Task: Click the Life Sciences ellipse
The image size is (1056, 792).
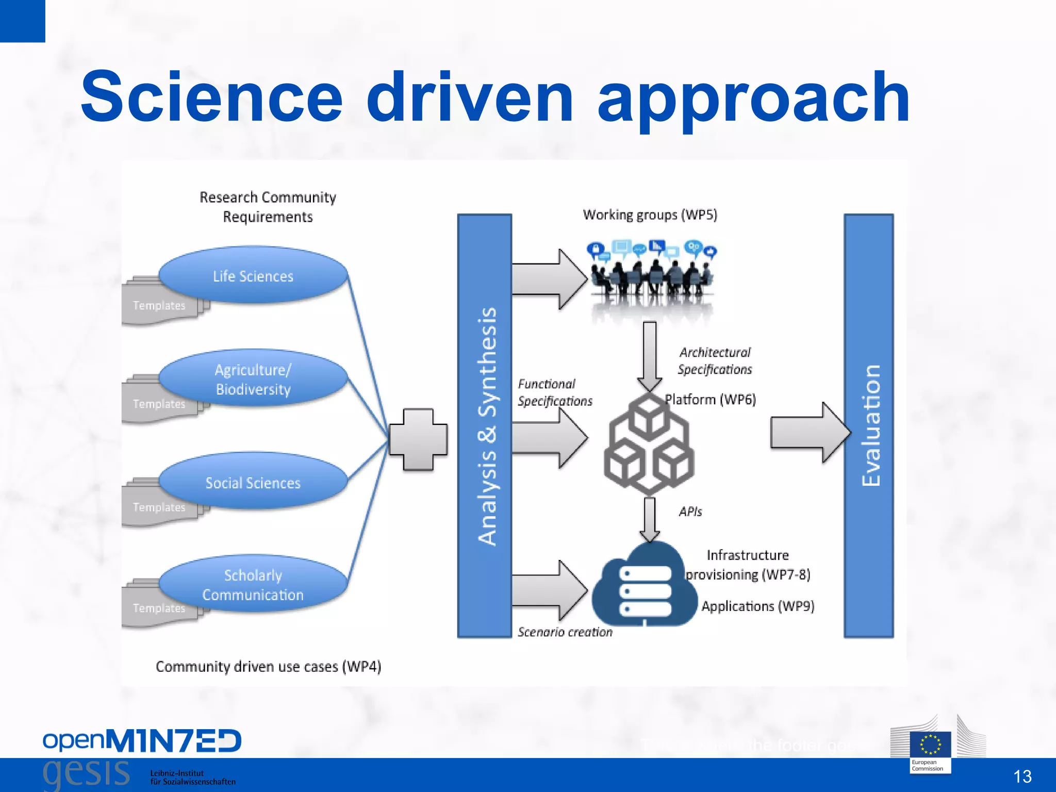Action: click(253, 275)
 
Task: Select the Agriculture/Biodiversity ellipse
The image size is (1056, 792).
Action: click(253, 379)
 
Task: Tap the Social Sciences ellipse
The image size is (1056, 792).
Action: click(253, 482)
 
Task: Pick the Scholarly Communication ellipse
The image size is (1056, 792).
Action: click(253, 585)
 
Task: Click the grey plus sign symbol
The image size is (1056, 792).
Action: click(418, 440)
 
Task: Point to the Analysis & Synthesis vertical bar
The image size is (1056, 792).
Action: click(485, 426)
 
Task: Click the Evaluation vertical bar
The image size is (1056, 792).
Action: click(869, 426)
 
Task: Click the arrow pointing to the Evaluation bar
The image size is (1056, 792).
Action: click(810, 432)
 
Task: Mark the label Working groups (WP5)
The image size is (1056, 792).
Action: click(650, 214)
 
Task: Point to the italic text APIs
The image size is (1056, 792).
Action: click(690, 511)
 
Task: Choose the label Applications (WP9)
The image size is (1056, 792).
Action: click(757, 606)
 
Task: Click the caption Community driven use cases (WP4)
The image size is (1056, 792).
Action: click(268, 667)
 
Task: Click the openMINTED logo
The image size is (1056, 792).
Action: click(142, 741)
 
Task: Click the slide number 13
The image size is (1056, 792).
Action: click(1022, 776)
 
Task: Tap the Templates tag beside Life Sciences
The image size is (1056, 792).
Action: click(159, 306)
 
